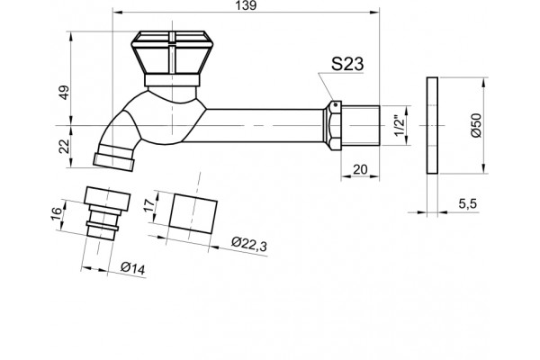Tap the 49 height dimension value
click(x=65, y=93)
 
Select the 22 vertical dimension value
click(x=65, y=147)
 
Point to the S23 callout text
click(x=347, y=64)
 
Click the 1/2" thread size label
click(x=399, y=125)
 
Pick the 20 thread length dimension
click(x=360, y=169)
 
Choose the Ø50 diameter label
click(x=476, y=125)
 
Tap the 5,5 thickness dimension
click(x=467, y=203)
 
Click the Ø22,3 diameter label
click(x=249, y=244)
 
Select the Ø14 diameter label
click(x=133, y=267)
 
